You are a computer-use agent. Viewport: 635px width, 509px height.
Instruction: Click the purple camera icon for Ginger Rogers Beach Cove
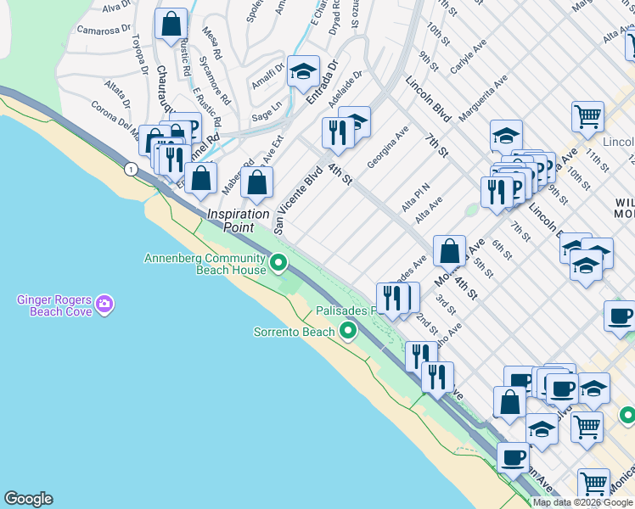click(104, 304)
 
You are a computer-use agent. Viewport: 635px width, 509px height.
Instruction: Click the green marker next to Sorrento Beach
click(347, 331)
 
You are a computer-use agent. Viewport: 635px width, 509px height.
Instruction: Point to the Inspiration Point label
click(238, 221)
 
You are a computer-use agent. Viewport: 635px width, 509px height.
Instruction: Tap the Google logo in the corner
click(28, 499)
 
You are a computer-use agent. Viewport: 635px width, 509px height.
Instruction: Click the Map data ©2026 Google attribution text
click(582, 502)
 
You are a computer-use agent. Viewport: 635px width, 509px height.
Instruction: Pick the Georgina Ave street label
click(388, 146)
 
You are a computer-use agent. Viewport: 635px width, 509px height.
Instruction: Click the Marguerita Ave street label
click(483, 96)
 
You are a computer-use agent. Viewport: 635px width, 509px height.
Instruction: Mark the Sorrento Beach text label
click(295, 332)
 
